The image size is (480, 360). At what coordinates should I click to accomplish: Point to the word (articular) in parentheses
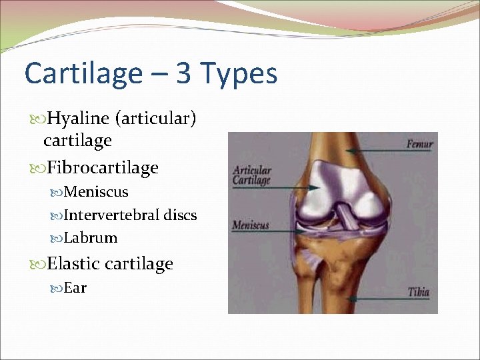[x=155, y=119]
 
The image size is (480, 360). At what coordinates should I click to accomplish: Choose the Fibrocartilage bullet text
[x=103, y=167]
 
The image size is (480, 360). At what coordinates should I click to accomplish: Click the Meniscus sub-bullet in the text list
[x=96, y=192]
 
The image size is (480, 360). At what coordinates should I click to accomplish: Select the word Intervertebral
[x=111, y=215]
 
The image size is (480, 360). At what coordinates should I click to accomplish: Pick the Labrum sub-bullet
[x=91, y=238]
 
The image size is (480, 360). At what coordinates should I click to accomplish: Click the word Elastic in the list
[x=75, y=264]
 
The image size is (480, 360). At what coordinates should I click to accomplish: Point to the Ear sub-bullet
[x=75, y=288]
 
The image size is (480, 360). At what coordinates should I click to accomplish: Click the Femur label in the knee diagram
[x=419, y=143]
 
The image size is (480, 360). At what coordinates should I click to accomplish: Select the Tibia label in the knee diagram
[x=419, y=292]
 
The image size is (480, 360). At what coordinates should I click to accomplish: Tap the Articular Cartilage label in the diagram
[x=251, y=175]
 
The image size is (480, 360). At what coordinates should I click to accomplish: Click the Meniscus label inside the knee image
[x=250, y=225]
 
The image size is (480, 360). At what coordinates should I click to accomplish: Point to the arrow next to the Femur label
[x=383, y=144]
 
